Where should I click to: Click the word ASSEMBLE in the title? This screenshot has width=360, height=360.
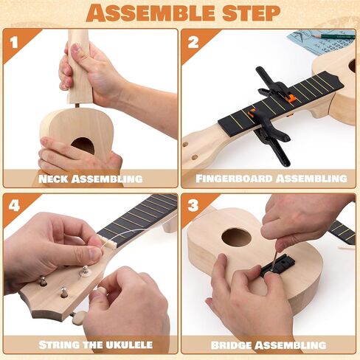(x=150, y=13)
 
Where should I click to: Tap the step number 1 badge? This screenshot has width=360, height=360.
(x=13, y=42)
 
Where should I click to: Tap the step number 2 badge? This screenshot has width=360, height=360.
(x=193, y=42)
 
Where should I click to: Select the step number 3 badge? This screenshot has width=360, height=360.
(x=193, y=208)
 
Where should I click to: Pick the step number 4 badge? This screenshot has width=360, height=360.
(x=13, y=208)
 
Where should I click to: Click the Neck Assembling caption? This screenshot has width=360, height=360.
(x=91, y=179)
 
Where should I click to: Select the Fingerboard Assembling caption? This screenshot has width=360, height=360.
(x=271, y=179)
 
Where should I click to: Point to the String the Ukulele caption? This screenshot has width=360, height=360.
(x=91, y=345)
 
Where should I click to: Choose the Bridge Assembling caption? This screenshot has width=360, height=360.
(x=271, y=345)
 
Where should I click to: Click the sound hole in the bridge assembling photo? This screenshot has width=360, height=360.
(x=236, y=238)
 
